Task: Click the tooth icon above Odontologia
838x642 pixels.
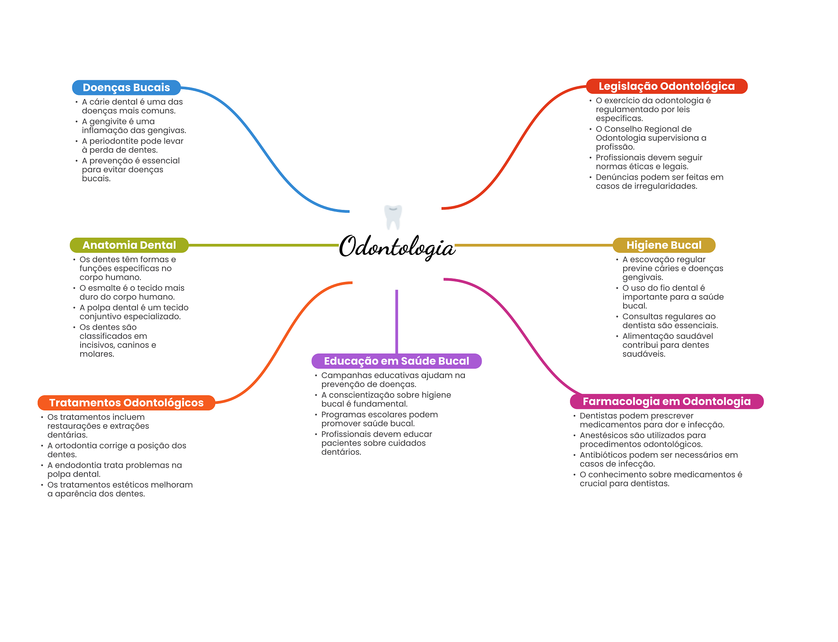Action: click(x=393, y=217)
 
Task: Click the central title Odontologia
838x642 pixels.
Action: click(x=397, y=247)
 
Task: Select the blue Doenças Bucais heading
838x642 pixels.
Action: click(x=126, y=88)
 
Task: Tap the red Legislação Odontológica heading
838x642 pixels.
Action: click(x=667, y=86)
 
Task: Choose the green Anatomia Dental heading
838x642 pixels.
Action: click(x=129, y=245)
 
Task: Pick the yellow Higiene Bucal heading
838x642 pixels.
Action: click(x=664, y=245)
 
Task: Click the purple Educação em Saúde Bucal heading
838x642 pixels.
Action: click(x=396, y=361)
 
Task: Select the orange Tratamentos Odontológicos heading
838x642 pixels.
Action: click(x=126, y=403)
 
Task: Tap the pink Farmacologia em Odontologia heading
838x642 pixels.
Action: click(x=667, y=401)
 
